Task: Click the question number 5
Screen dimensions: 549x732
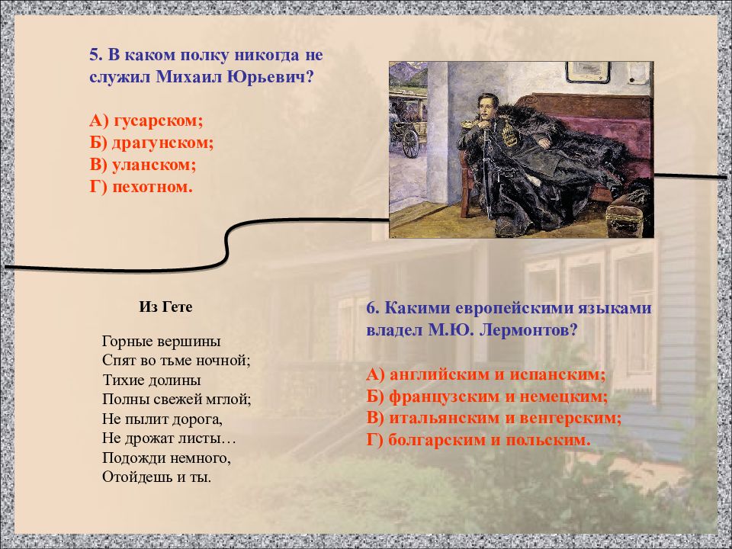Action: [95, 56]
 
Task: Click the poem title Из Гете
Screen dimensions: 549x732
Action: [165, 307]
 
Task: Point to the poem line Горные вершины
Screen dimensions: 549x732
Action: [160, 341]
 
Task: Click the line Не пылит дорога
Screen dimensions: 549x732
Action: [161, 419]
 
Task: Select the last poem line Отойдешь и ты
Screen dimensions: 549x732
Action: [156, 477]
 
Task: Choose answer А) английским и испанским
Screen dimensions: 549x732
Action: [486, 374]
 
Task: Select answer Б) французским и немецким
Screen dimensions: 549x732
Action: [486, 396]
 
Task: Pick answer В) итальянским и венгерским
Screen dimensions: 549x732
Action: [493, 418]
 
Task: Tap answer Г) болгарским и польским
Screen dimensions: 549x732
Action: [478, 440]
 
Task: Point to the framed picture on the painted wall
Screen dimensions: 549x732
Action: [587, 72]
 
